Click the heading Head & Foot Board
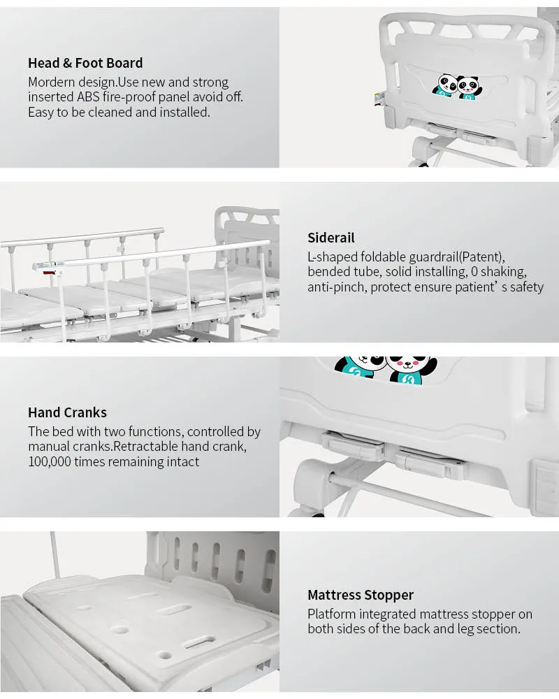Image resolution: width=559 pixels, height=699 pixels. [x=85, y=64]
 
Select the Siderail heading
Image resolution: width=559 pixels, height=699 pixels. [x=331, y=238]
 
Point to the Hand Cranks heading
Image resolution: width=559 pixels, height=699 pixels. [x=67, y=412]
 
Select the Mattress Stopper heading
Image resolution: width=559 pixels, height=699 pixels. [x=361, y=595]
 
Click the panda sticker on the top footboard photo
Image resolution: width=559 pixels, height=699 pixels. [x=454, y=86]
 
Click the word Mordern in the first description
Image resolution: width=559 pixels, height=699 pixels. [x=52, y=82]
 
